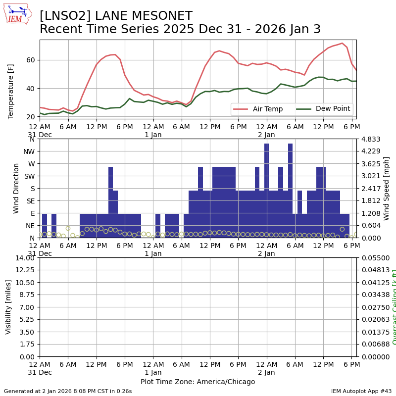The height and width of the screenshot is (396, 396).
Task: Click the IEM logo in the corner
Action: pos(17,14)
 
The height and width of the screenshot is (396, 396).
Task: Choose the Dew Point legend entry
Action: pos(323,109)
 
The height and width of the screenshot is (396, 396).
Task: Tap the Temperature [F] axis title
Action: pos(11,91)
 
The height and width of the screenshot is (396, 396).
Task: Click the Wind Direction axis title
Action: pos(16,188)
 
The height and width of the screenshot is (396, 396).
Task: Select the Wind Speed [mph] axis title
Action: pos(387,188)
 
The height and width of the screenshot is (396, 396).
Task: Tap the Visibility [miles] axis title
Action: pos(8,307)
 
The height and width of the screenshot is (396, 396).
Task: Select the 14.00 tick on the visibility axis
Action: pos(25,258)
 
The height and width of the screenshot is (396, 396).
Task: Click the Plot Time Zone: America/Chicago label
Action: pos(198,382)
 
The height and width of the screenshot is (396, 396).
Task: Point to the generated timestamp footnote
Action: pos(68,391)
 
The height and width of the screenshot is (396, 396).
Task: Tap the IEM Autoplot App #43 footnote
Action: pos(361,391)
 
